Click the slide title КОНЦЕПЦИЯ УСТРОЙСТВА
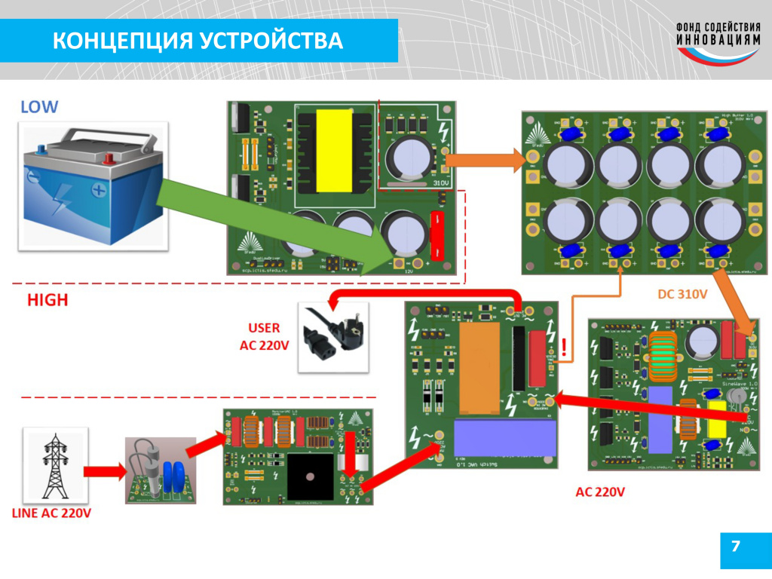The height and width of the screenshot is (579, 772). [198, 41]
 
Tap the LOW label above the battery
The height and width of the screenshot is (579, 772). [39, 106]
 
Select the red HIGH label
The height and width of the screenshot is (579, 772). [47, 300]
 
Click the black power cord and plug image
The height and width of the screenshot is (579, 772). [334, 337]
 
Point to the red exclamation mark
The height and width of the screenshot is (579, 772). [563, 348]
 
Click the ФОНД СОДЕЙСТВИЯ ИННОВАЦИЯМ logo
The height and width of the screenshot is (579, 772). [717, 42]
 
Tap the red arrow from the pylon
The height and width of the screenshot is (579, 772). [104, 471]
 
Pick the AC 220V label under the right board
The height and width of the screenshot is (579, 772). [600, 492]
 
